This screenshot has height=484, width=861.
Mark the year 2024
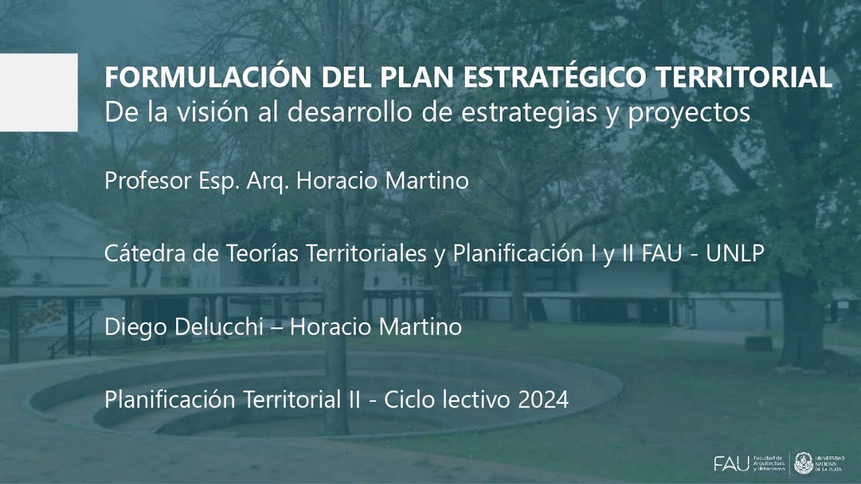pyautogui.click(x=544, y=400)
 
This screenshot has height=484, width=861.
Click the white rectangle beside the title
pyautogui.click(x=38, y=93)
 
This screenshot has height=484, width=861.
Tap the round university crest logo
pyautogui.click(x=803, y=463)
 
